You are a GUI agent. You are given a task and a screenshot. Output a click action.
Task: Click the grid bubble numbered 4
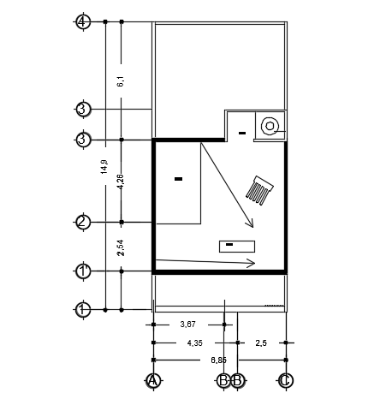[x=83, y=21]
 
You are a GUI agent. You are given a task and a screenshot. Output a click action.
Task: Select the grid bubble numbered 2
[x=83, y=223]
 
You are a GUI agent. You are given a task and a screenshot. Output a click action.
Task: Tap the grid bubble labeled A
[x=153, y=380]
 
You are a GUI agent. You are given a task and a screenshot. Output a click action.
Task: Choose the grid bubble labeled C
[x=285, y=380]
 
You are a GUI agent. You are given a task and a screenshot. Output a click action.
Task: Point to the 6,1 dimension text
[x=121, y=81]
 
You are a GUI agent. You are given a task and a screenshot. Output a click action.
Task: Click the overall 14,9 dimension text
[x=104, y=166]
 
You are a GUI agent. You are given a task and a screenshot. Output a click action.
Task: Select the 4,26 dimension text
[x=121, y=182]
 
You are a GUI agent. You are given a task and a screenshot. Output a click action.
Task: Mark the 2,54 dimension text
[x=121, y=247]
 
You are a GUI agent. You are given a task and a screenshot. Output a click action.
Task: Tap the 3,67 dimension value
[x=187, y=325]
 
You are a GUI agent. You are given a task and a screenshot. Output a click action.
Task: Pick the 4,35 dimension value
[x=194, y=342]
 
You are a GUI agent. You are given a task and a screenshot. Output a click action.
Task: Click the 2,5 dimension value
[x=261, y=342]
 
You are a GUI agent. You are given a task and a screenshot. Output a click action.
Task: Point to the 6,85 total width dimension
[x=218, y=360]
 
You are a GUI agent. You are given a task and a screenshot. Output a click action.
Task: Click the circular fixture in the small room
[x=270, y=125]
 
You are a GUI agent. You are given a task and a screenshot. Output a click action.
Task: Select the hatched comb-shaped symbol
[x=259, y=191]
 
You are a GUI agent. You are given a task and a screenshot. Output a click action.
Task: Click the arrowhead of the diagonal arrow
[x=252, y=225]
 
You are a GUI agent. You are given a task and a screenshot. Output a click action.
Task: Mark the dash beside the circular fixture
[x=242, y=133]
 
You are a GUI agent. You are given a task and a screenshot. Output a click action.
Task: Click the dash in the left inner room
[x=178, y=179]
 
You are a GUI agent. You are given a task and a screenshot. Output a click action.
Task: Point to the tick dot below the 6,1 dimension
[x=122, y=140]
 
